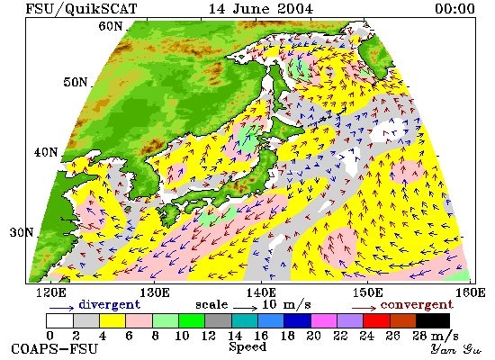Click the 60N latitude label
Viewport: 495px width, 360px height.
pyautogui.click(x=110, y=26)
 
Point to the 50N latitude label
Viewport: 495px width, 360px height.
pyautogui.click(x=75, y=82)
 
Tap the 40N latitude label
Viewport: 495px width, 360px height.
pyautogui.click(x=46, y=152)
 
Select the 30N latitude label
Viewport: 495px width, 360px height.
pyautogui.click(x=22, y=233)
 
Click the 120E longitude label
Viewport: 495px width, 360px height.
pyautogui.click(x=51, y=292)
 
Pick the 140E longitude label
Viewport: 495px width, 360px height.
pyautogui.click(x=261, y=292)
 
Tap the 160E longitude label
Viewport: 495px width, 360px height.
pyautogui.click(x=471, y=292)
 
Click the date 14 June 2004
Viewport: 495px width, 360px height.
pyautogui.click(x=261, y=8)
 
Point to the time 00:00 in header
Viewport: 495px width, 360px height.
pyautogui.click(x=454, y=8)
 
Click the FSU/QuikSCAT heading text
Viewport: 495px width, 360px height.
pyautogui.click(x=81, y=9)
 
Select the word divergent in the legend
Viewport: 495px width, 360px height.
pyautogui.click(x=109, y=304)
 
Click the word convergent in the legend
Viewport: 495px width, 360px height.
pyautogui.click(x=417, y=305)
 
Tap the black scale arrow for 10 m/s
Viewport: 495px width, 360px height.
pyautogui.click(x=246, y=307)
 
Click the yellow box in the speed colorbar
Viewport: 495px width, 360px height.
pyautogui.click(x=112, y=320)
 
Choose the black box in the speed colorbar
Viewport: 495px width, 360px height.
pyautogui.click(x=433, y=320)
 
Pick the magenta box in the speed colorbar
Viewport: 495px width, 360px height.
pyautogui.click(x=324, y=320)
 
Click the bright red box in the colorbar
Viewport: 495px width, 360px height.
pyautogui.click(x=376, y=320)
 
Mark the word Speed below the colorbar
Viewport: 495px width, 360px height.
pyautogui.click(x=247, y=347)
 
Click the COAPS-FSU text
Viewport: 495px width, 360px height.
pyautogui.click(x=54, y=349)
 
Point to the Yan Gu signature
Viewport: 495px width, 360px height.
pyautogui.click(x=456, y=349)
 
